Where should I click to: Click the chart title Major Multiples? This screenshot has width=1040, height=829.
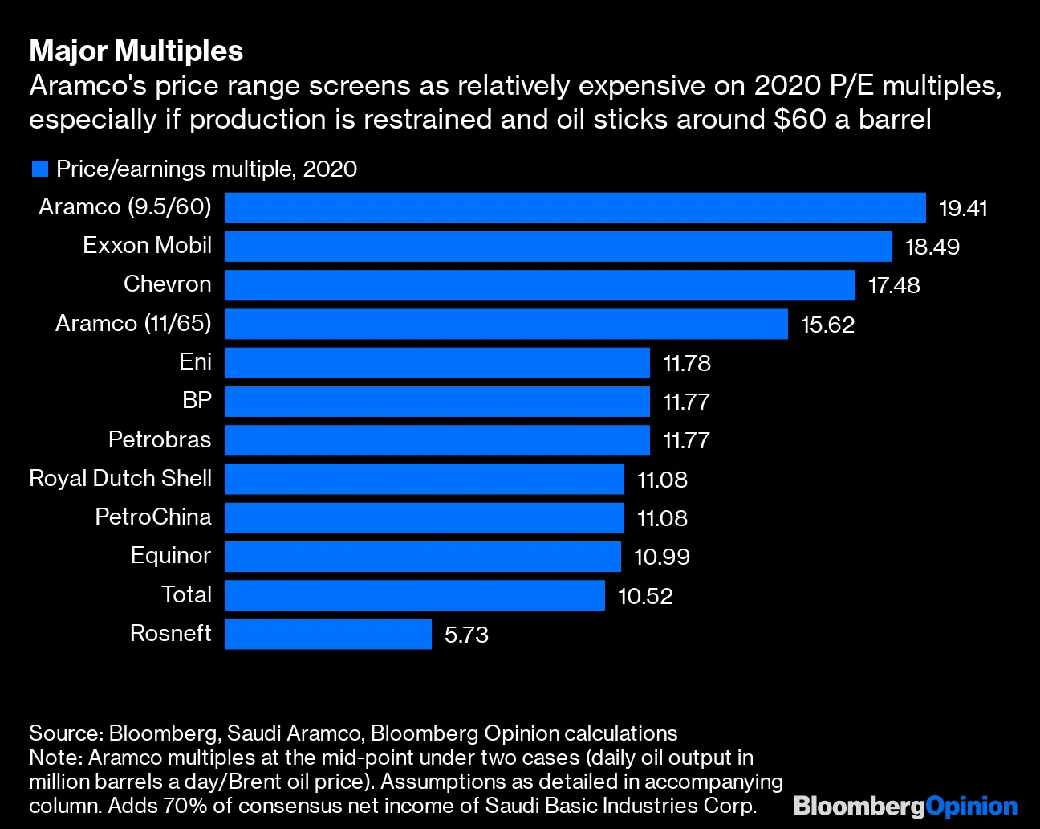[136, 51]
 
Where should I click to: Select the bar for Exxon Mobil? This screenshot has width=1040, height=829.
[558, 247]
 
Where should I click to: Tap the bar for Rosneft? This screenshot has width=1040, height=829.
[327, 634]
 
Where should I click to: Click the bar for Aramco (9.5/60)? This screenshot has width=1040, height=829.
[575, 207]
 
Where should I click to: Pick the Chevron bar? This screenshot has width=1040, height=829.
[539, 285]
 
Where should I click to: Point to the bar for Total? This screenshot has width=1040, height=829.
[414, 595]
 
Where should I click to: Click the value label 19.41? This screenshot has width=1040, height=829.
[963, 208]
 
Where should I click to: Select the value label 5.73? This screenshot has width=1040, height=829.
[466, 635]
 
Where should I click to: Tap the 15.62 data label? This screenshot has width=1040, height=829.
[827, 325]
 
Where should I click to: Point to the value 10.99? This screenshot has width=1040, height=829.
[661, 557]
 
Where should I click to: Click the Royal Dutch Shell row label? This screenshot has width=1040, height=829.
[120, 479]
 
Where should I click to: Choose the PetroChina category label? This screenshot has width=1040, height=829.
[152, 517]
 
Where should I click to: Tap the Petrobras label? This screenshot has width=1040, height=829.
[160, 440]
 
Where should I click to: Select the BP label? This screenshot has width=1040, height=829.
[197, 400]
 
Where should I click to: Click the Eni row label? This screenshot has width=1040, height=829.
[195, 362]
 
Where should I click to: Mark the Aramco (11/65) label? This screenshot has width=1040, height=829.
[133, 324]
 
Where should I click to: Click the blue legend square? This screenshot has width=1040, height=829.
[39, 169]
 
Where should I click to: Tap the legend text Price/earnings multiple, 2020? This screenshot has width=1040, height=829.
[206, 169]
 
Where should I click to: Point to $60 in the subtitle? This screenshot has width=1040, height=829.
[800, 119]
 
